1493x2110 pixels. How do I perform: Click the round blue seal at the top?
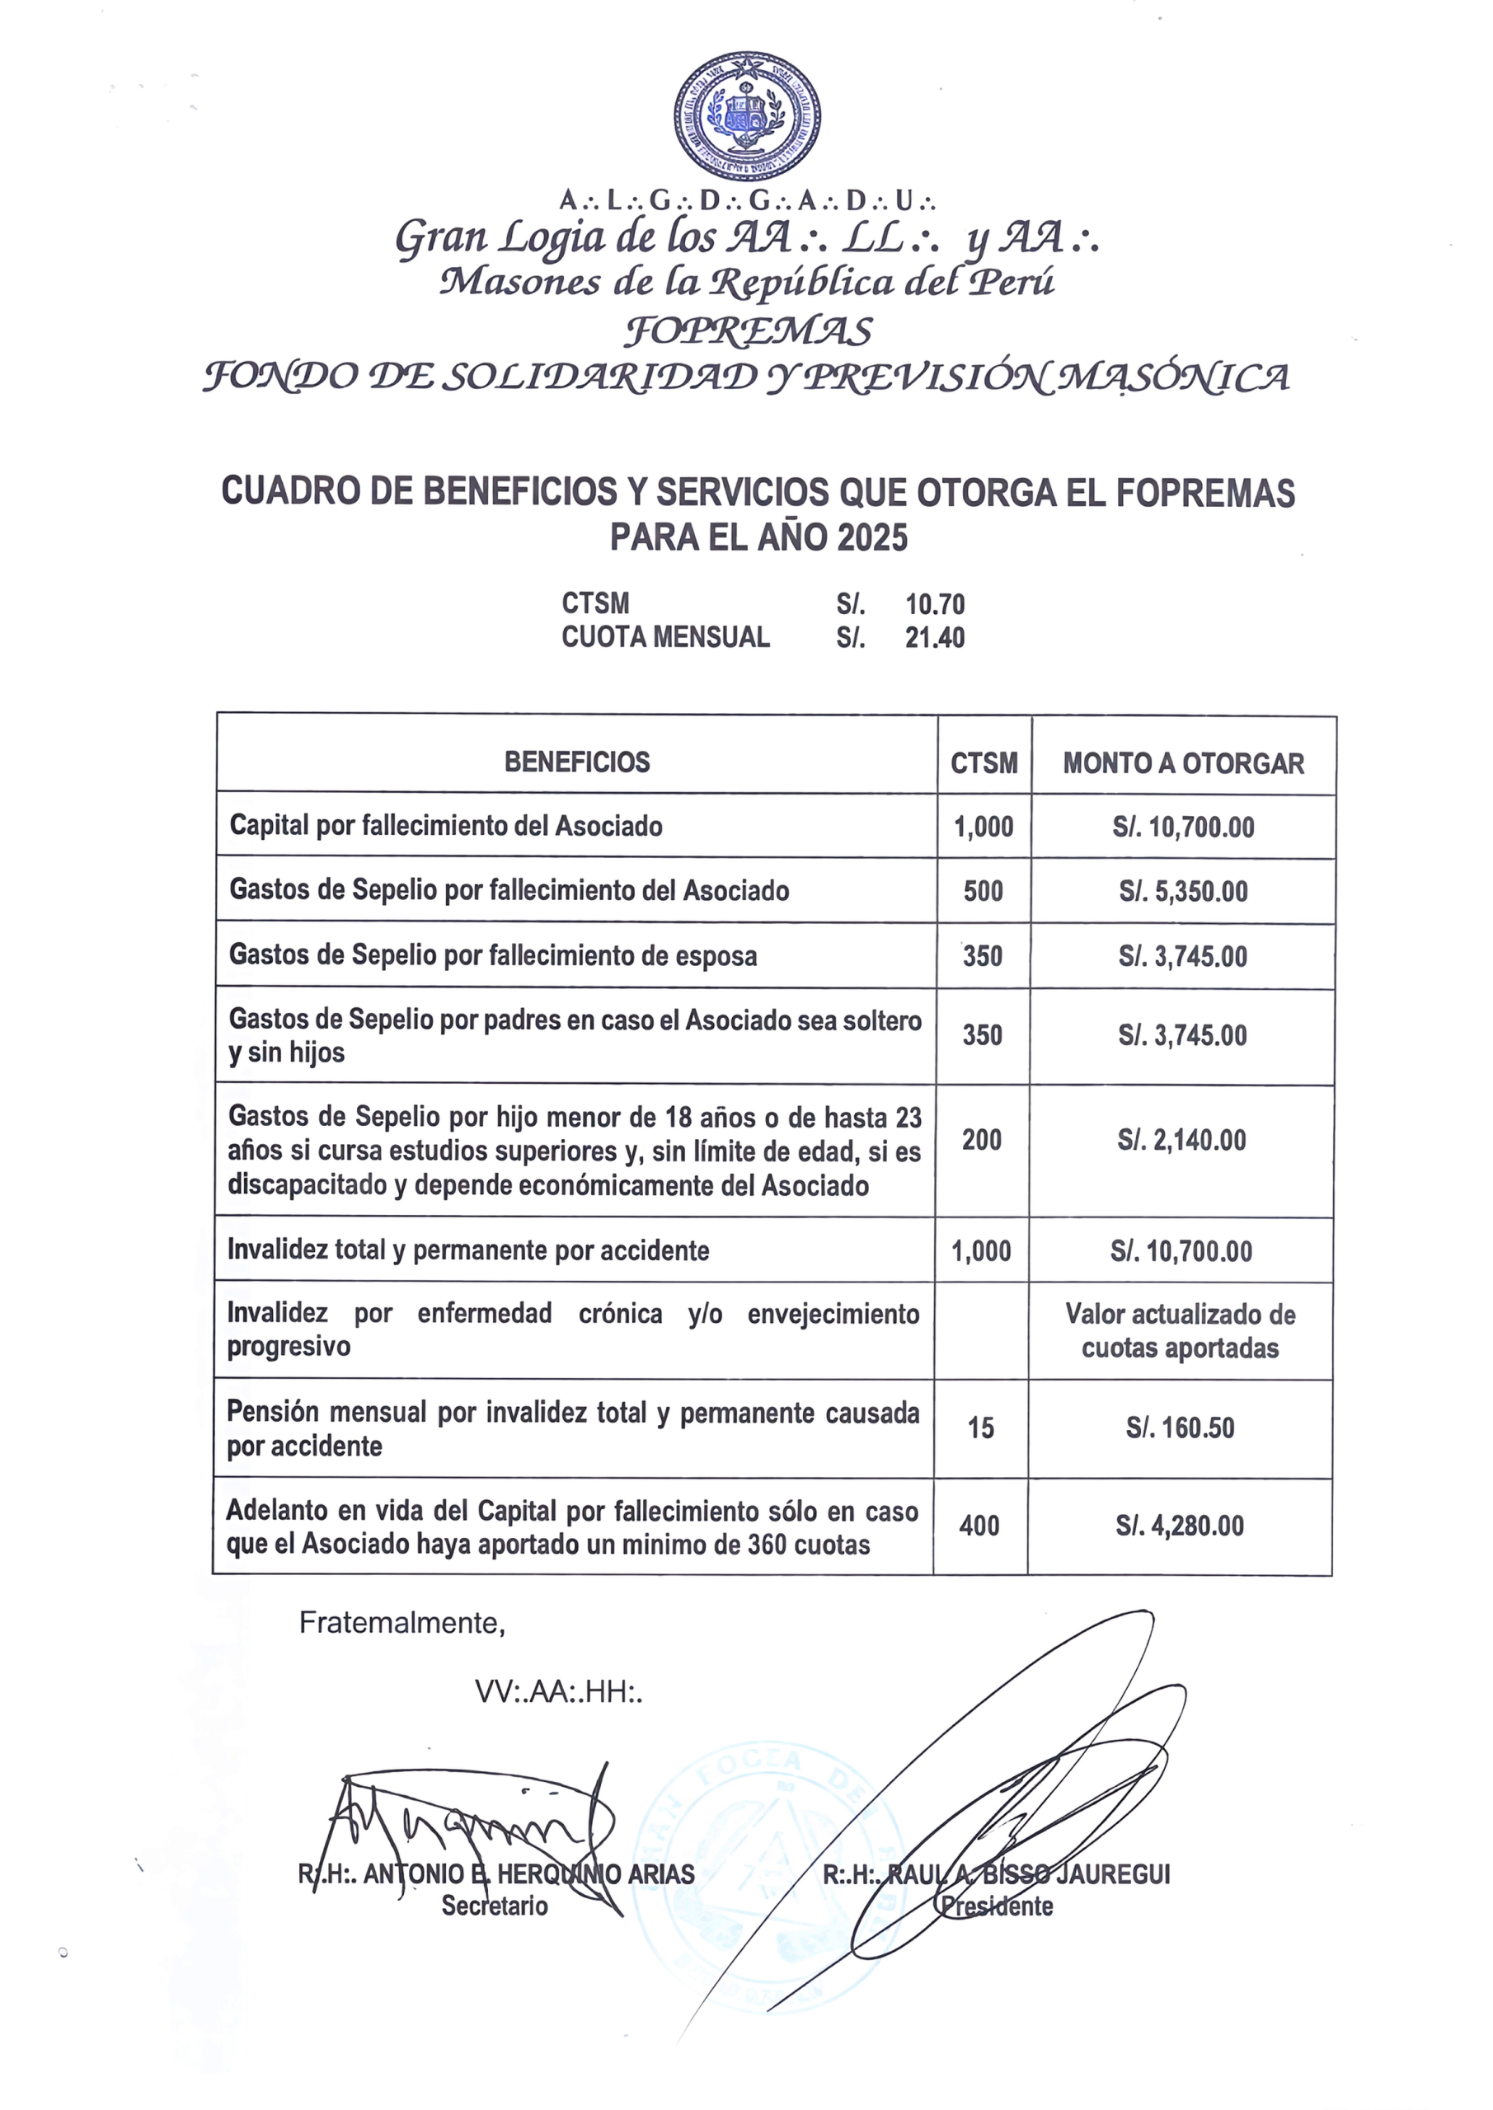coord(747,115)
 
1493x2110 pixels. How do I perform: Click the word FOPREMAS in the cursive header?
coord(748,331)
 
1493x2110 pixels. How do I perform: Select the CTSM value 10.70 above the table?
coord(935,605)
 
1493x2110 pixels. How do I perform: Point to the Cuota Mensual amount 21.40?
coord(935,638)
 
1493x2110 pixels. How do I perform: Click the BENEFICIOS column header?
coord(576,762)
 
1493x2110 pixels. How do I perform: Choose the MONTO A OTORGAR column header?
coord(1183,764)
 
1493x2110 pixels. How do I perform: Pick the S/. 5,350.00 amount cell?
coord(1183,892)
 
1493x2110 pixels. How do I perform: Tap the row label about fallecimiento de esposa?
coord(493,956)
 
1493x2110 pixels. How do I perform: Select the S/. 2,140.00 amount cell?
coord(1181,1141)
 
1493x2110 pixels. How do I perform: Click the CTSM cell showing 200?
coord(981,1141)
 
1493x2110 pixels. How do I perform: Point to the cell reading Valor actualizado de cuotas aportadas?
coord(1181,1330)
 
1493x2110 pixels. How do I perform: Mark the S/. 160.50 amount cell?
coord(1181,1428)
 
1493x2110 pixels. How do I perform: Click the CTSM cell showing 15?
coord(981,1428)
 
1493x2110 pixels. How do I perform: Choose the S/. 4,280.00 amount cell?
coord(1180,1526)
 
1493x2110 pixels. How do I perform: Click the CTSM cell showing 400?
coord(979,1526)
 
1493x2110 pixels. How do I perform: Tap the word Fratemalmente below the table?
coord(401,1623)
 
